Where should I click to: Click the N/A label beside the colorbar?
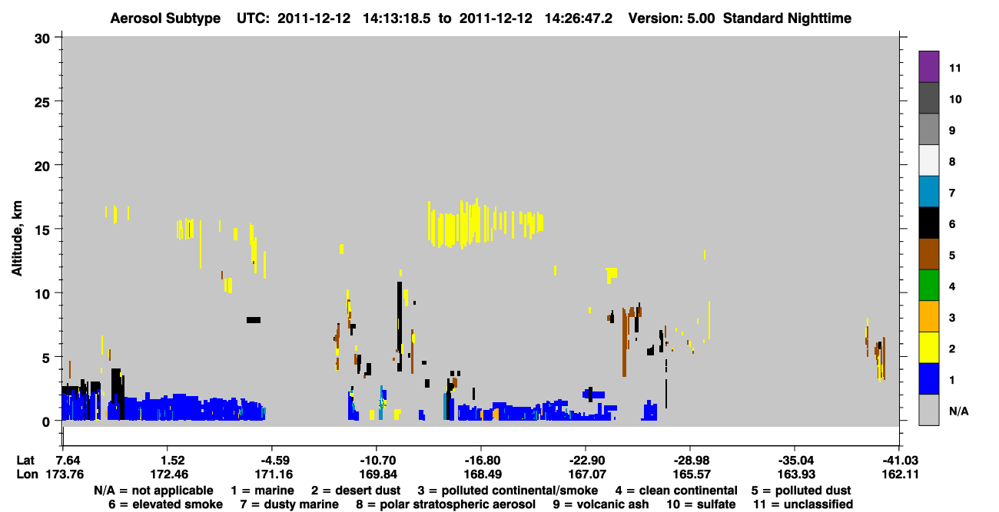958,411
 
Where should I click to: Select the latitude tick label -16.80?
482,461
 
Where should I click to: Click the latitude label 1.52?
172,461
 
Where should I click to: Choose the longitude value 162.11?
900,474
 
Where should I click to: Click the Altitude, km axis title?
17,239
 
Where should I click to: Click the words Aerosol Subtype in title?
165,18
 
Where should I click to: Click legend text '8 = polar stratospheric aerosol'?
446,504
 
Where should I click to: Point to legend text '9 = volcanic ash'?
601,504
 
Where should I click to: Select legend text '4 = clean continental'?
676,491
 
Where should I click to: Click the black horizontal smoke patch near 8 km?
254,320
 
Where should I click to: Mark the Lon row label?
27,474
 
